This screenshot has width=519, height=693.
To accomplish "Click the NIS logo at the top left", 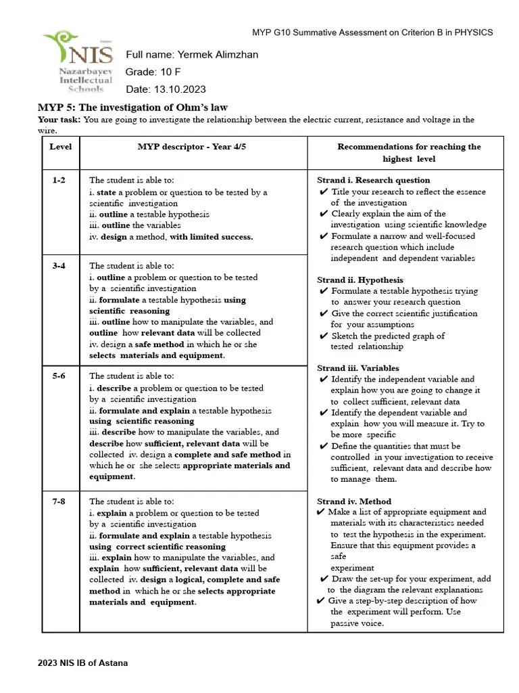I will click(x=77, y=62).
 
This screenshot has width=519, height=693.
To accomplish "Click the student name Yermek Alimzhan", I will click(x=216, y=55).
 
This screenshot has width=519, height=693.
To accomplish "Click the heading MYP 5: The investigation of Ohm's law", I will click(x=132, y=107).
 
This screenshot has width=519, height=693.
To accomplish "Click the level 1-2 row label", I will click(x=59, y=180).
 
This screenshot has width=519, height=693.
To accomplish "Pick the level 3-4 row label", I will click(x=59, y=266).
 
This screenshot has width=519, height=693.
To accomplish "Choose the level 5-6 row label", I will click(x=59, y=376).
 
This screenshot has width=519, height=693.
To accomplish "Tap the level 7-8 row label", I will click(x=59, y=501).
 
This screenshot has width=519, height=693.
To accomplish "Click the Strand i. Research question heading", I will click(x=373, y=180).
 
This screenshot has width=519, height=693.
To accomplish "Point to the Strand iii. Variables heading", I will click(x=357, y=368).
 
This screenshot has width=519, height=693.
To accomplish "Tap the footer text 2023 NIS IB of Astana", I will click(x=82, y=663).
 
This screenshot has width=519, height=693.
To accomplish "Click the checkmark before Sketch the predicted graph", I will click(x=324, y=336).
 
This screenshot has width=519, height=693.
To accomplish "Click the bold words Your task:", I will click(x=59, y=120).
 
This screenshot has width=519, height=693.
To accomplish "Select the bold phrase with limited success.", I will click(x=212, y=237).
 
